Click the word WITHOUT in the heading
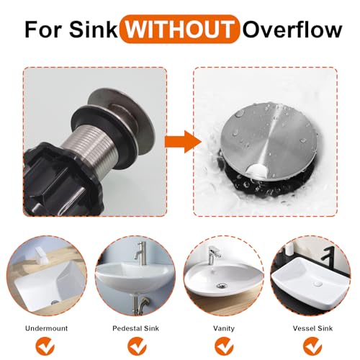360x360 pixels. coord(179,30)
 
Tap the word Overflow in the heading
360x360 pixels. coord(292,30)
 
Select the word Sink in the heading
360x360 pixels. coord(94,30)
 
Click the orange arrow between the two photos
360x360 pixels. coord(183,142)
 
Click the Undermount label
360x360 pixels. coord(47,328)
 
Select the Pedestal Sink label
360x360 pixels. coord(136,328)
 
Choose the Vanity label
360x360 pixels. coord(224,328)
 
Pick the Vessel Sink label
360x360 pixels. coord(312,328)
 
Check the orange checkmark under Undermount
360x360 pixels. coord(45,347)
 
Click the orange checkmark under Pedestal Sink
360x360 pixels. coord(137,347)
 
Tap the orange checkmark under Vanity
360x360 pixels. coord(224,347)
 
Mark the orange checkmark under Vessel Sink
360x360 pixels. coord(313,347)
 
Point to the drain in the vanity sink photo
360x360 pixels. coord(220,286)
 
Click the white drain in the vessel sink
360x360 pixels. coord(318,284)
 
